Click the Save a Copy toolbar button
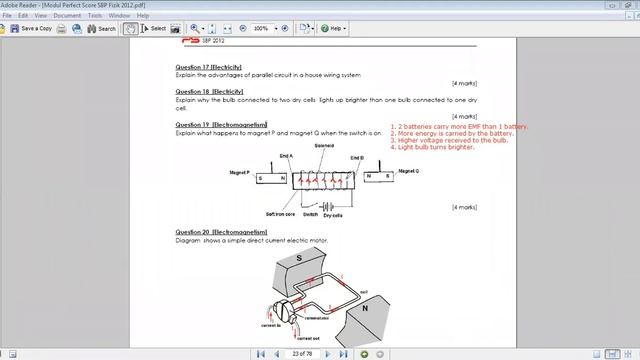coord(33,28)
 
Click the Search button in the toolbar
coord(102,28)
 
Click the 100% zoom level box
coord(262,28)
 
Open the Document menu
coord(67,16)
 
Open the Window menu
coord(118,16)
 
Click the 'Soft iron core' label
coord(280,214)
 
